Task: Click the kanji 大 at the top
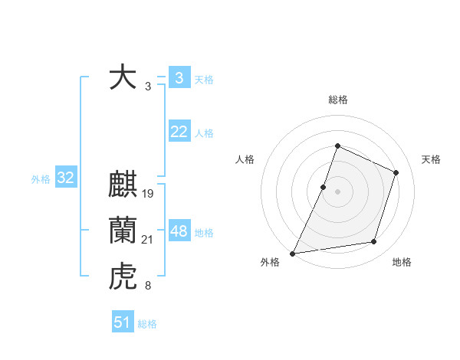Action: tap(123, 78)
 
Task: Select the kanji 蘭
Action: tap(123, 231)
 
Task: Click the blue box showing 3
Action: tap(179, 78)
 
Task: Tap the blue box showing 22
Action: tap(179, 132)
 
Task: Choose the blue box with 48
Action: tap(179, 231)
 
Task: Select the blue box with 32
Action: tap(65, 178)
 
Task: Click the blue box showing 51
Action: tap(123, 322)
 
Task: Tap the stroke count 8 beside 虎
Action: tap(147, 286)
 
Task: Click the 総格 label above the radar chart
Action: tap(338, 100)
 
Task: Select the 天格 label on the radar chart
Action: tap(432, 159)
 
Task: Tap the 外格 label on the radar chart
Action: tap(270, 262)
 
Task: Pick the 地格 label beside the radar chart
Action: tap(402, 262)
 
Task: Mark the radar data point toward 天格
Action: tap(396, 172)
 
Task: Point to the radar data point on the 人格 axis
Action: tap(324, 187)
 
